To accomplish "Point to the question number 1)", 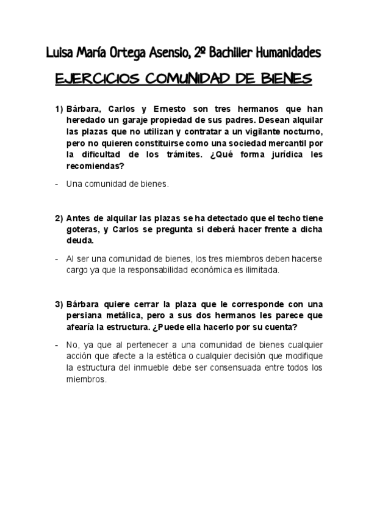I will pos(59,109).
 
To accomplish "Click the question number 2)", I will pos(59,218).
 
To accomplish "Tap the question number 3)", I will pos(59,304).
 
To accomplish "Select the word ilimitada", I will pos(259,270).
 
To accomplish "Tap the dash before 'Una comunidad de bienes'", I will pos(57,184).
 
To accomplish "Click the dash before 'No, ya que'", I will pos(57,345).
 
